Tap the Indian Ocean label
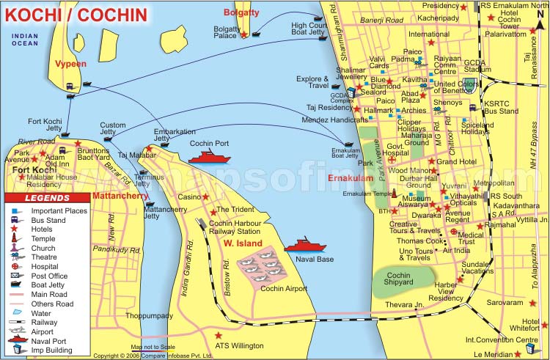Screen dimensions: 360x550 (25, 40)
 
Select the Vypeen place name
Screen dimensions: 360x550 (71, 64)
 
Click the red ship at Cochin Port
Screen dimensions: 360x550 (209, 156)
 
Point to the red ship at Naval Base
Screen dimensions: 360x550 (304, 246)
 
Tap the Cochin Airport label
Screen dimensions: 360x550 (285, 289)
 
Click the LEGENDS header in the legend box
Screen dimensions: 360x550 (47, 198)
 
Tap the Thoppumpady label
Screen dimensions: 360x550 (149, 315)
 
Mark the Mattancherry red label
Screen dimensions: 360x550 (121, 196)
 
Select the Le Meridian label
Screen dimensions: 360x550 (510, 353)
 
